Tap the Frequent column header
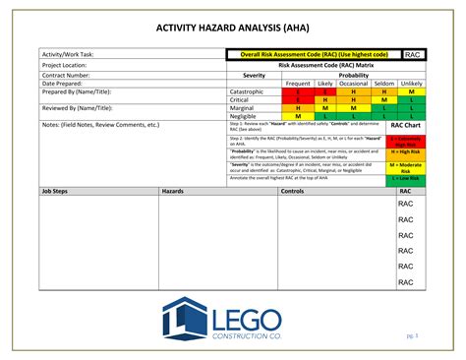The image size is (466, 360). point(297,83)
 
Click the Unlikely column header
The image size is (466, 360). point(412,83)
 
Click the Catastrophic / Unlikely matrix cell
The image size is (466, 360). point(412,91)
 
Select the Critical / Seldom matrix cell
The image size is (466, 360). point(384,99)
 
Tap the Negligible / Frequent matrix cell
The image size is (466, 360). point(297,116)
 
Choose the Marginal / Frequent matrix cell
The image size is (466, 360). point(297,108)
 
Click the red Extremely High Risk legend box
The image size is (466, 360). point(406,141)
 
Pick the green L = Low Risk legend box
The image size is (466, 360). point(406,178)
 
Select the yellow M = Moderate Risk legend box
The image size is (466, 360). point(406,166)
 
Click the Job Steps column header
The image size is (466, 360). point(54,191)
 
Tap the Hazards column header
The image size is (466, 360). point(172,191)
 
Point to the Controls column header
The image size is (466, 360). point(293,191)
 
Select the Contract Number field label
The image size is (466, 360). point(67,74)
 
